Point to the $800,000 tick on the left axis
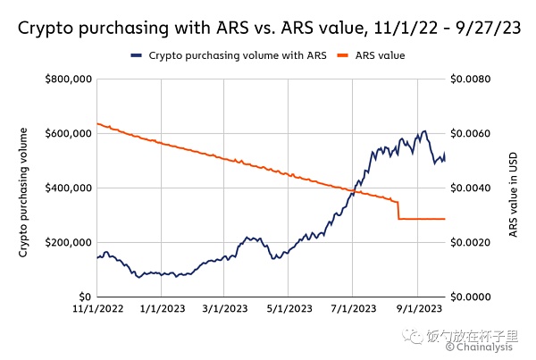coord(69,80)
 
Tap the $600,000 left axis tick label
coord(69,134)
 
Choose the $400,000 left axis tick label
coord(69,188)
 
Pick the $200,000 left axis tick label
coord(69,242)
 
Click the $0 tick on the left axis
coord(84,297)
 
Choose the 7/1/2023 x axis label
coord(352,310)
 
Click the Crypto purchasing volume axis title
coord(24,191)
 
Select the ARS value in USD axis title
coord(514,191)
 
